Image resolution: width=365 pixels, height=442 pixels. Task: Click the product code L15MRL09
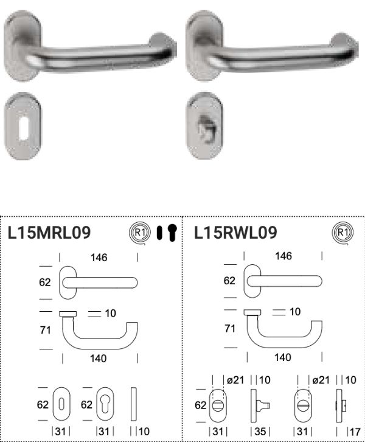(49, 233)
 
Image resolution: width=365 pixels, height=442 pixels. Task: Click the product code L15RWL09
(236, 233)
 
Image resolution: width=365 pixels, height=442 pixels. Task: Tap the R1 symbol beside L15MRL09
(140, 233)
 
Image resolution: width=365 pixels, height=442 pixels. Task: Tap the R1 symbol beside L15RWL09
(342, 233)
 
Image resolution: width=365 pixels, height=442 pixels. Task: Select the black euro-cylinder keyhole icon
(172, 233)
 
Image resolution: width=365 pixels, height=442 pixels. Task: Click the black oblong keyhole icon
(159, 233)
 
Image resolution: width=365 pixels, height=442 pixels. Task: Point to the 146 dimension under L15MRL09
(99, 258)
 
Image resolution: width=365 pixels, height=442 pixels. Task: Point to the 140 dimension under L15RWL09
(283, 357)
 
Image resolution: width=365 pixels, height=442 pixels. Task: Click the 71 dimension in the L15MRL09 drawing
(46, 330)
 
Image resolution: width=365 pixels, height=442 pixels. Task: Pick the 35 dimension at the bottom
(260, 432)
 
